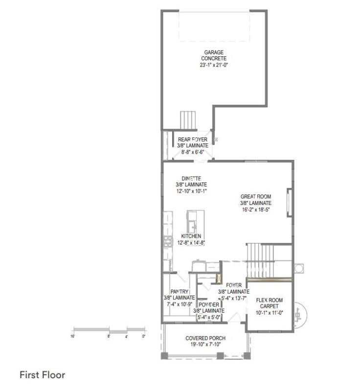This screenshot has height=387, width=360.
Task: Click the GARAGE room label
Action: pos(214,52)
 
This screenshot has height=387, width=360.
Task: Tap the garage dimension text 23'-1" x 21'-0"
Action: pos(214,65)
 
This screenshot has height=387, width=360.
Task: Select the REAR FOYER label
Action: pos(192,139)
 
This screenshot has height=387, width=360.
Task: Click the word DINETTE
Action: pos(191,179)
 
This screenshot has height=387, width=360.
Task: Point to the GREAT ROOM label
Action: pos(256,197)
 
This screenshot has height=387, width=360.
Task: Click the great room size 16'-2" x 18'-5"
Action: pos(256,209)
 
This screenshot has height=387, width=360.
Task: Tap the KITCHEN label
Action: pos(191,236)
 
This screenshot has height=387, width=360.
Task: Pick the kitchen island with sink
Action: pos(196,221)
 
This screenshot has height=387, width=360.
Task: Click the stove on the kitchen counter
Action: pos(168,241)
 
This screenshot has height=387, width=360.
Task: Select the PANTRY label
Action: pos(180,292)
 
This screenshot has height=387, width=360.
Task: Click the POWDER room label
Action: pos(209,305)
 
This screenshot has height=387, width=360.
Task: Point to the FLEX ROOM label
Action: pos(270,300)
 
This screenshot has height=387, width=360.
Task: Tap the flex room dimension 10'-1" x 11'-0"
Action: pos(270,313)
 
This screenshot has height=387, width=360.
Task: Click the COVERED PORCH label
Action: pos(205,338)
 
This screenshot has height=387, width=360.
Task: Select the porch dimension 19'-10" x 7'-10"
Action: pos(205,344)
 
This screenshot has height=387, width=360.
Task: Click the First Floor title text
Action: pos(43,375)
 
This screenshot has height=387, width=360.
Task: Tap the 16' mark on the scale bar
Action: pos(72,337)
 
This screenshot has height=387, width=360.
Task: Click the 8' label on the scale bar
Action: pos(109,337)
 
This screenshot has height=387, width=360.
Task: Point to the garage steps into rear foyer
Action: pos(188,120)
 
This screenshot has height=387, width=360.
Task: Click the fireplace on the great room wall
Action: pos(290,203)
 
